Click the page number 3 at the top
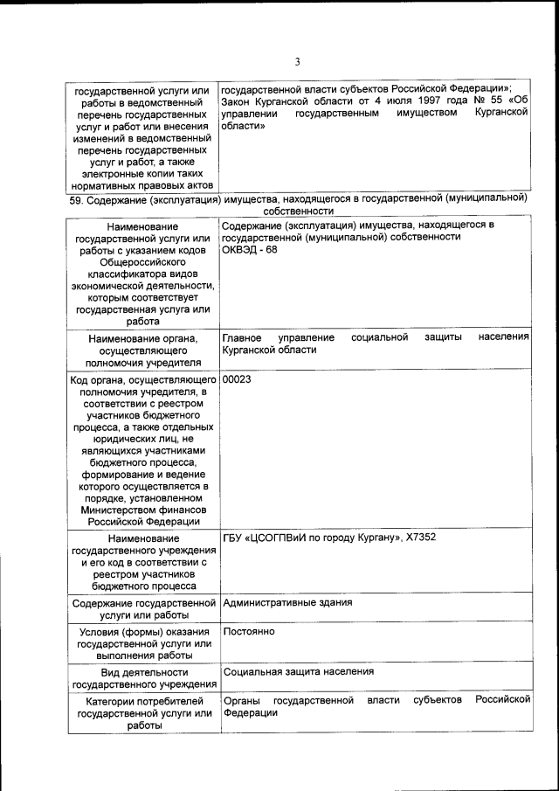pyautogui.click(x=297, y=61)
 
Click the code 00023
pyautogui.click(x=238, y=380)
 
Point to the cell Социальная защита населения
pyautogui.click(x=298, y=672)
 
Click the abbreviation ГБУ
pyautogui.click(x=235, y=537)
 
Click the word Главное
pyautogui.click(x=242, y=337)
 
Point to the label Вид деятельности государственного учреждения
pyautogui.click(x=143, y=678)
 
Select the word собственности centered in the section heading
pyautogui.click(x=298, y=211)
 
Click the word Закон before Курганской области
pyautogui.click(x=238, y=102)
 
